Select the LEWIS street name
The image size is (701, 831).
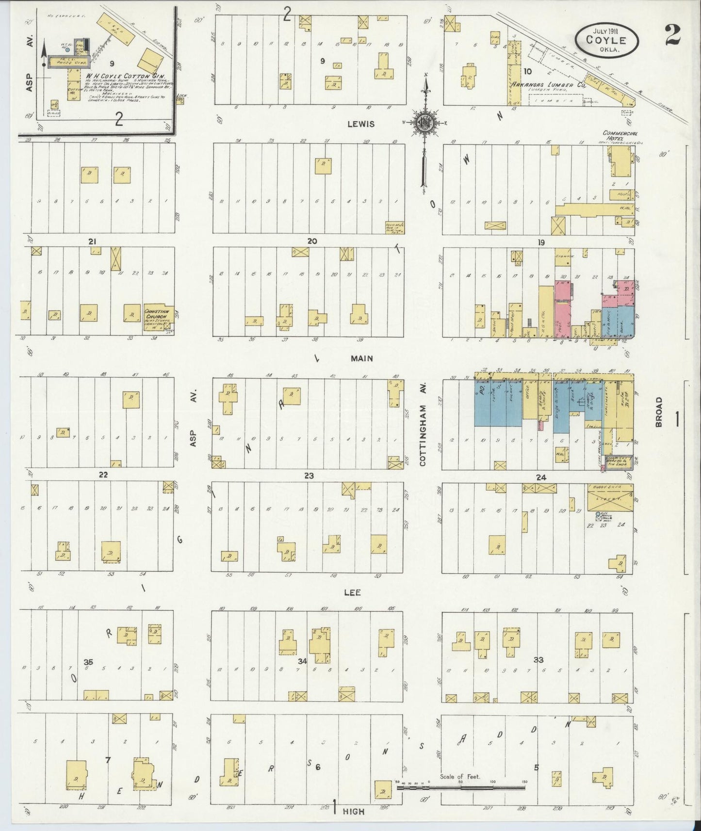[361, 124]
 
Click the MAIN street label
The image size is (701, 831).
[362, 358]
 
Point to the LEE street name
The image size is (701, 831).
[352, 592]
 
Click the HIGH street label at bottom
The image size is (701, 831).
[353, 811]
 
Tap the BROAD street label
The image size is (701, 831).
[658, 413]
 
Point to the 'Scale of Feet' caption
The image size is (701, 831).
[459, 776]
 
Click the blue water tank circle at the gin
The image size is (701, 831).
[67, 49]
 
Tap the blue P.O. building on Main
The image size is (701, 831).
[482, 402]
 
